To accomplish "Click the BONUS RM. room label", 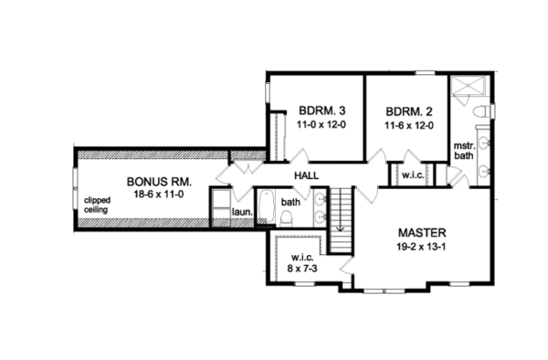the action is click(x=159, y=182).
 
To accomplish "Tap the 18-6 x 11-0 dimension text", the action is click(x=159, y=194).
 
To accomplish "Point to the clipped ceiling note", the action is click(x=98, y=206).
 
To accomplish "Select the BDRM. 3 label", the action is click(x=321, y=111).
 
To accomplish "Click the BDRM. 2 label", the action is click(x=409, y=111).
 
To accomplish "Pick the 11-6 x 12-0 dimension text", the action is click(x=409, y=125).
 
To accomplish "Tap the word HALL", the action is click(x=306, y=175).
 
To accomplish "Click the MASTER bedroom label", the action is click(x=422, y=232).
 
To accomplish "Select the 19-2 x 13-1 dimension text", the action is click(x=421, y=247).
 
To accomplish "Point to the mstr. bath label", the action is click(x=464, y=151).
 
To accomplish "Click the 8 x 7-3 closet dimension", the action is click(x=302, y=270).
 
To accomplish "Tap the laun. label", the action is click(x=242, y=212).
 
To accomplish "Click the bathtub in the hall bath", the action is click(x=268, y=206).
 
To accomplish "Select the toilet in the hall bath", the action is click(x=286, y=217).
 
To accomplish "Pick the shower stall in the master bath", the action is click(x=468, y=85).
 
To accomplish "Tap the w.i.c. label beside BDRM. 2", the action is click(x=413, y=175).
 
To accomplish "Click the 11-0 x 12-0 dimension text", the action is click(x=321, y=124).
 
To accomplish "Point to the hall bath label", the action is click(x=290, y=202).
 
